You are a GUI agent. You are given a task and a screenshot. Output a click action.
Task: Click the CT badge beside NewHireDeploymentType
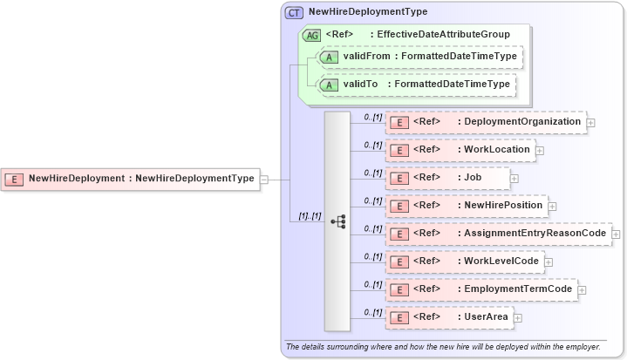coord(295,13)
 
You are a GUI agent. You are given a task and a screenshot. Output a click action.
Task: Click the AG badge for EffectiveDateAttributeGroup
coord(311,35)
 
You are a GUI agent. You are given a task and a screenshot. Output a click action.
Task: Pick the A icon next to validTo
coord(328,85)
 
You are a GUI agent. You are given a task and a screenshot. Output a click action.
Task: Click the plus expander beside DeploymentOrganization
coord(591,123)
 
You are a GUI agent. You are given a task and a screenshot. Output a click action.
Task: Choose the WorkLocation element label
coord(496,150)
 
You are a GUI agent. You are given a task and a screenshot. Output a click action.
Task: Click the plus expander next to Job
coord(514,178)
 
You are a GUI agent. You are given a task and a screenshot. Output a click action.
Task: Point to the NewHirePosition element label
coord(503,206)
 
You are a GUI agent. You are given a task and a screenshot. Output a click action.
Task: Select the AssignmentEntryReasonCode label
coord(535,234)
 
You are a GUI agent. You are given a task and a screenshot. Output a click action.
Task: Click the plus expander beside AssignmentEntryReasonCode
coord(616,234)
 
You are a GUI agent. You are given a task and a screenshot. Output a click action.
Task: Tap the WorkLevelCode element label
coord(501,262)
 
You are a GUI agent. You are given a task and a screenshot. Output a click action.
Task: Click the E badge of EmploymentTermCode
coord(398,289)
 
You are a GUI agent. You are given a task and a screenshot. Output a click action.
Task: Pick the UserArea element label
coord(487,317)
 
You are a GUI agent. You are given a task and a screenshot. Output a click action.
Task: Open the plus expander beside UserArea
coord(518,317)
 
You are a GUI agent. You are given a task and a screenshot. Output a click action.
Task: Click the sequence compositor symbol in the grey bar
coord(337,222)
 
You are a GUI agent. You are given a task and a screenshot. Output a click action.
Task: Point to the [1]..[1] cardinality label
coord(310,215)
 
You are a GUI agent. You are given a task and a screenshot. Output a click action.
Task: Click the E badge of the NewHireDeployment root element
coord(15,179)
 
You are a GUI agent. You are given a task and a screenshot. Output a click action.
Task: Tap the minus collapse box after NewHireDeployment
coord(263,180)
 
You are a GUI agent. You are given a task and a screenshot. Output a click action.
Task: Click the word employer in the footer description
coord(580,346)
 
